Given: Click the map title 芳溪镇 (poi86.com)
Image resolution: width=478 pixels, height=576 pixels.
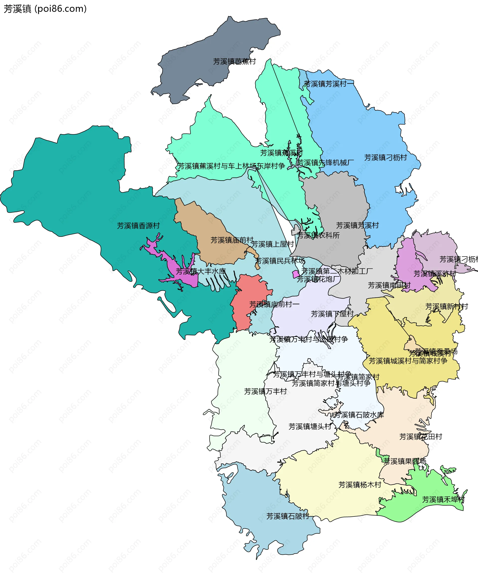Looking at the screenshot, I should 45,9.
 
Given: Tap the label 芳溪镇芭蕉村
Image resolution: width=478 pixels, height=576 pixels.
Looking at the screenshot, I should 235,62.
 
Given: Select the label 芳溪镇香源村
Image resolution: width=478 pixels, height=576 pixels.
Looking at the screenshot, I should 138,226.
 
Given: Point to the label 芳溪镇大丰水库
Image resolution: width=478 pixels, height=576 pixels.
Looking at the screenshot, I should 201,271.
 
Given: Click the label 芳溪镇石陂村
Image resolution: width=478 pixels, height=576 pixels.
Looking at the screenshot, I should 288,516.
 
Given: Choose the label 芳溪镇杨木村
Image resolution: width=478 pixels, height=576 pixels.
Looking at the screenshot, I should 360,485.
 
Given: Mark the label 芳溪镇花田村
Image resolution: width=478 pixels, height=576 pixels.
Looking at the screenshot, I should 421,437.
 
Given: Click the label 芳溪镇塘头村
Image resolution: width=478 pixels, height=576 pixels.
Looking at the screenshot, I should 310,427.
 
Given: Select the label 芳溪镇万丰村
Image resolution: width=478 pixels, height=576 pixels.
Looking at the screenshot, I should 265,391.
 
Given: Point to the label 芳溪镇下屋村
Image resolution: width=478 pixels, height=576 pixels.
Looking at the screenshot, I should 332,314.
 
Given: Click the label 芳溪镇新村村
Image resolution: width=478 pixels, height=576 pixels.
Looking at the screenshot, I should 446,306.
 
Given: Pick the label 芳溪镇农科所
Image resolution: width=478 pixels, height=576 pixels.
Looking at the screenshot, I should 318,235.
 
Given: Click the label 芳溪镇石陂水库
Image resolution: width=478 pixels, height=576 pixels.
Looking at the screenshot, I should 359,415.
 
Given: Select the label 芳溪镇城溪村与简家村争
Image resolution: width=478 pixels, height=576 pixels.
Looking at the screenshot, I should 408,361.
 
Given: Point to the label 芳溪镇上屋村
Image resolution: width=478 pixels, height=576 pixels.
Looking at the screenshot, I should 272,244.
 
